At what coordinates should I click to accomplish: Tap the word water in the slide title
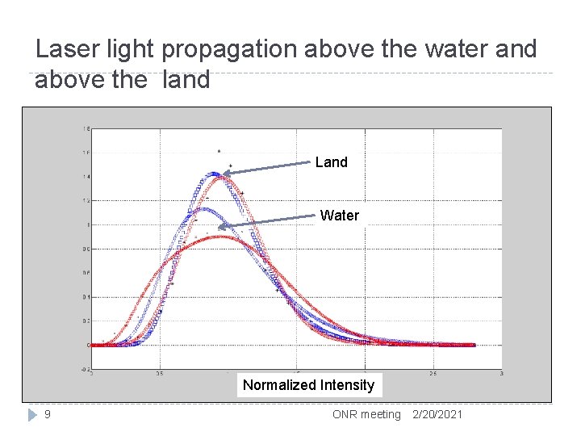tap(448, 50)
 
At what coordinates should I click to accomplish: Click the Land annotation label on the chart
tap(331, 162)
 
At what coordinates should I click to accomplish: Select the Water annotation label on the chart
tap(339, 216)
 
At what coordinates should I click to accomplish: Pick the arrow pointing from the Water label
tap(266, 221)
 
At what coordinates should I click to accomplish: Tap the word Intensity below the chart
tap(348, 385)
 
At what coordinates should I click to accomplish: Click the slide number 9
tap(48, 414)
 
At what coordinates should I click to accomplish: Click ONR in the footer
tap(345, 414)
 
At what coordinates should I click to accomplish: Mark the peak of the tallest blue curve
tap(214, 173)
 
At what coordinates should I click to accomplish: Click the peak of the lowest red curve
tap(222, 237)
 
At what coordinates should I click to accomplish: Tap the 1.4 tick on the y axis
tap(86, 176)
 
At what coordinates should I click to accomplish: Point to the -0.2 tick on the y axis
tap(85, 369)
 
